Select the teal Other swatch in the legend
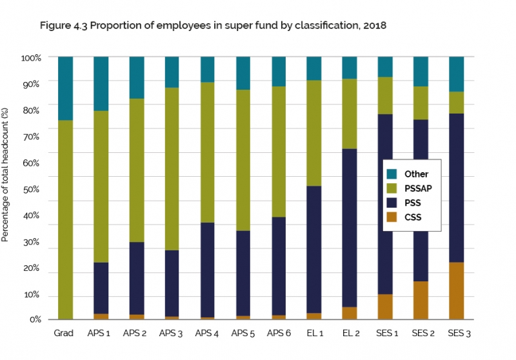(393, 174)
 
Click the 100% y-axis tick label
(30, 57)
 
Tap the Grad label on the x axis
(65, 334)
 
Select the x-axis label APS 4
(207, 334)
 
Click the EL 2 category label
(349, 334)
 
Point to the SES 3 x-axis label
(456, 334)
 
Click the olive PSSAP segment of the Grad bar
(65, 219)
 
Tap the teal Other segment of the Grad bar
(65, 88)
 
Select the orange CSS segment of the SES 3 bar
(456, 290)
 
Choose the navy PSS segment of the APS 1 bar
(101, 288)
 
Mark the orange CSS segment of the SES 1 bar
(385, 306)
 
